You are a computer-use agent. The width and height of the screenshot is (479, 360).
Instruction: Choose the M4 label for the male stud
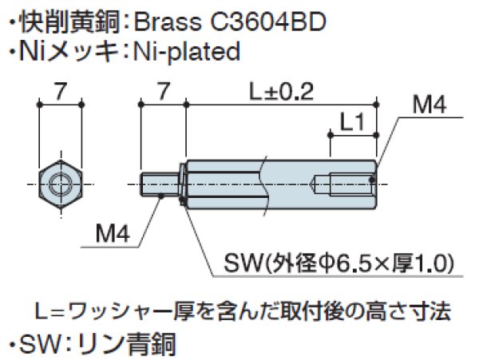click(x=112, y=235)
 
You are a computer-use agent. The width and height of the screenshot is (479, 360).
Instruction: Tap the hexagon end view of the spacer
click(x=59, y=184)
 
